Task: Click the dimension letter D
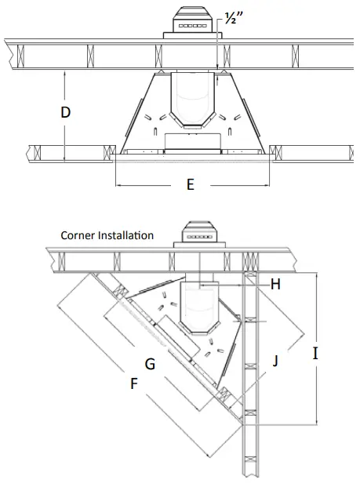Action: (66, 112)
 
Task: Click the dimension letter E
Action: (191, 184)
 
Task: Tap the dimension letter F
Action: (134, 383)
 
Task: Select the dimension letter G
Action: (150, 364)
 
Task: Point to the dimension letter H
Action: (275, 284)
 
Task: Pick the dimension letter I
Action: (315, 354)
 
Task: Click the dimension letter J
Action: (275, 361)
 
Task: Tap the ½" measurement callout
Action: (233, 19)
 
